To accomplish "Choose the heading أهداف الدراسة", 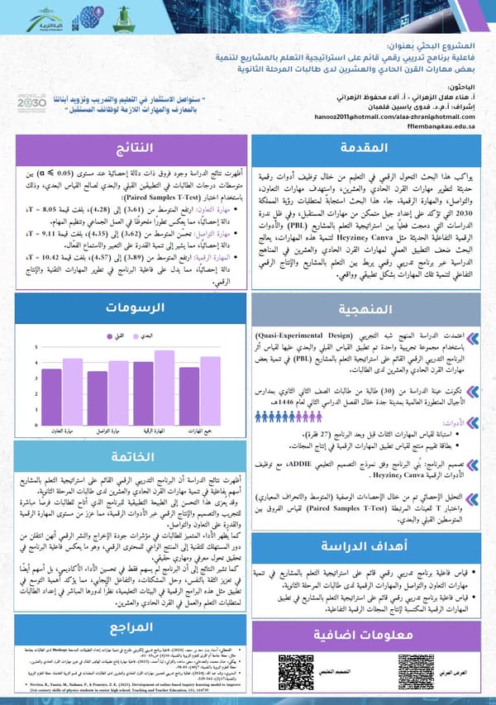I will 367,545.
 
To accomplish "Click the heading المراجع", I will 131,623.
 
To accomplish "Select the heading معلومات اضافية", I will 367,634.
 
